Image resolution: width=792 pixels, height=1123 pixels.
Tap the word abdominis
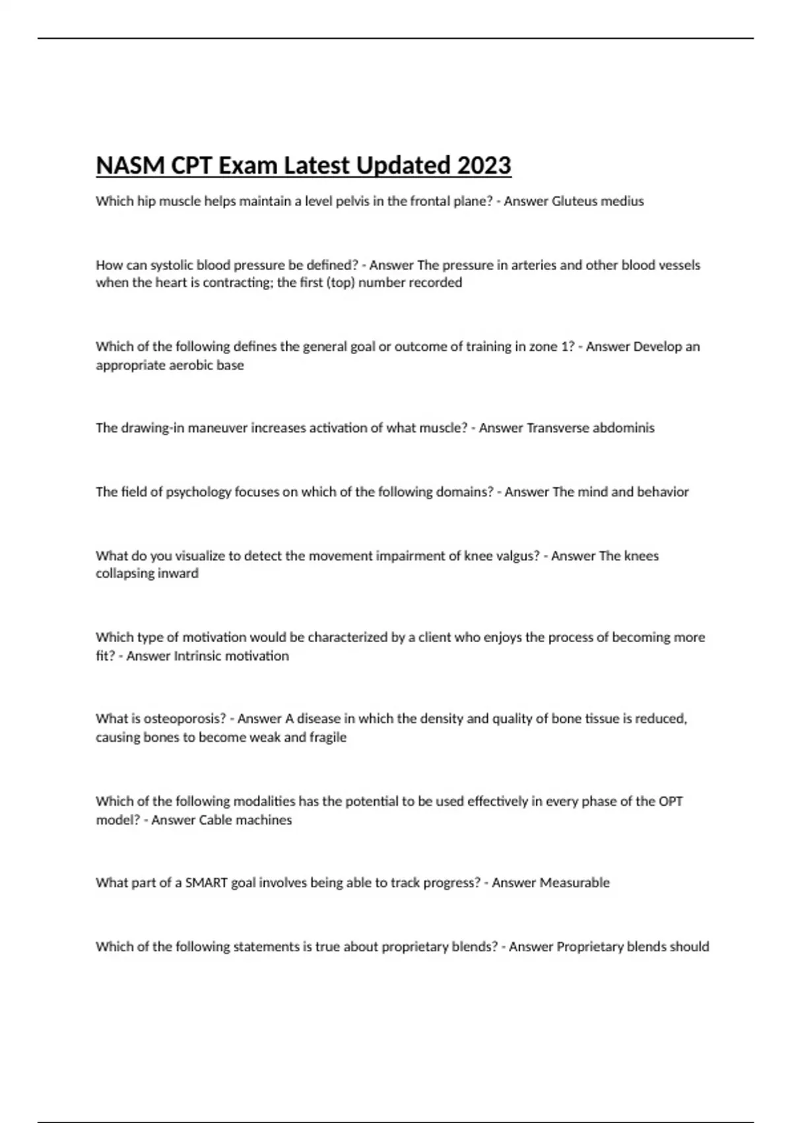pyautogui.click(x=624, y=428)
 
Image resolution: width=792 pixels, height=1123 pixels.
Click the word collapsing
pyautogui.click(x=123, y=573)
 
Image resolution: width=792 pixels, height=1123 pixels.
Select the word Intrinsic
pyautogui.click(x=198, y=656)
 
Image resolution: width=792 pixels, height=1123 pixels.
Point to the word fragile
pyautogui.click(x=327, y=737)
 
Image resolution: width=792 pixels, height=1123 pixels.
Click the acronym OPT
pyautogui.click(x=671, y=801)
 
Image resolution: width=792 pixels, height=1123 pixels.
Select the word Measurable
pyautogui.click(x=574, y=883)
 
